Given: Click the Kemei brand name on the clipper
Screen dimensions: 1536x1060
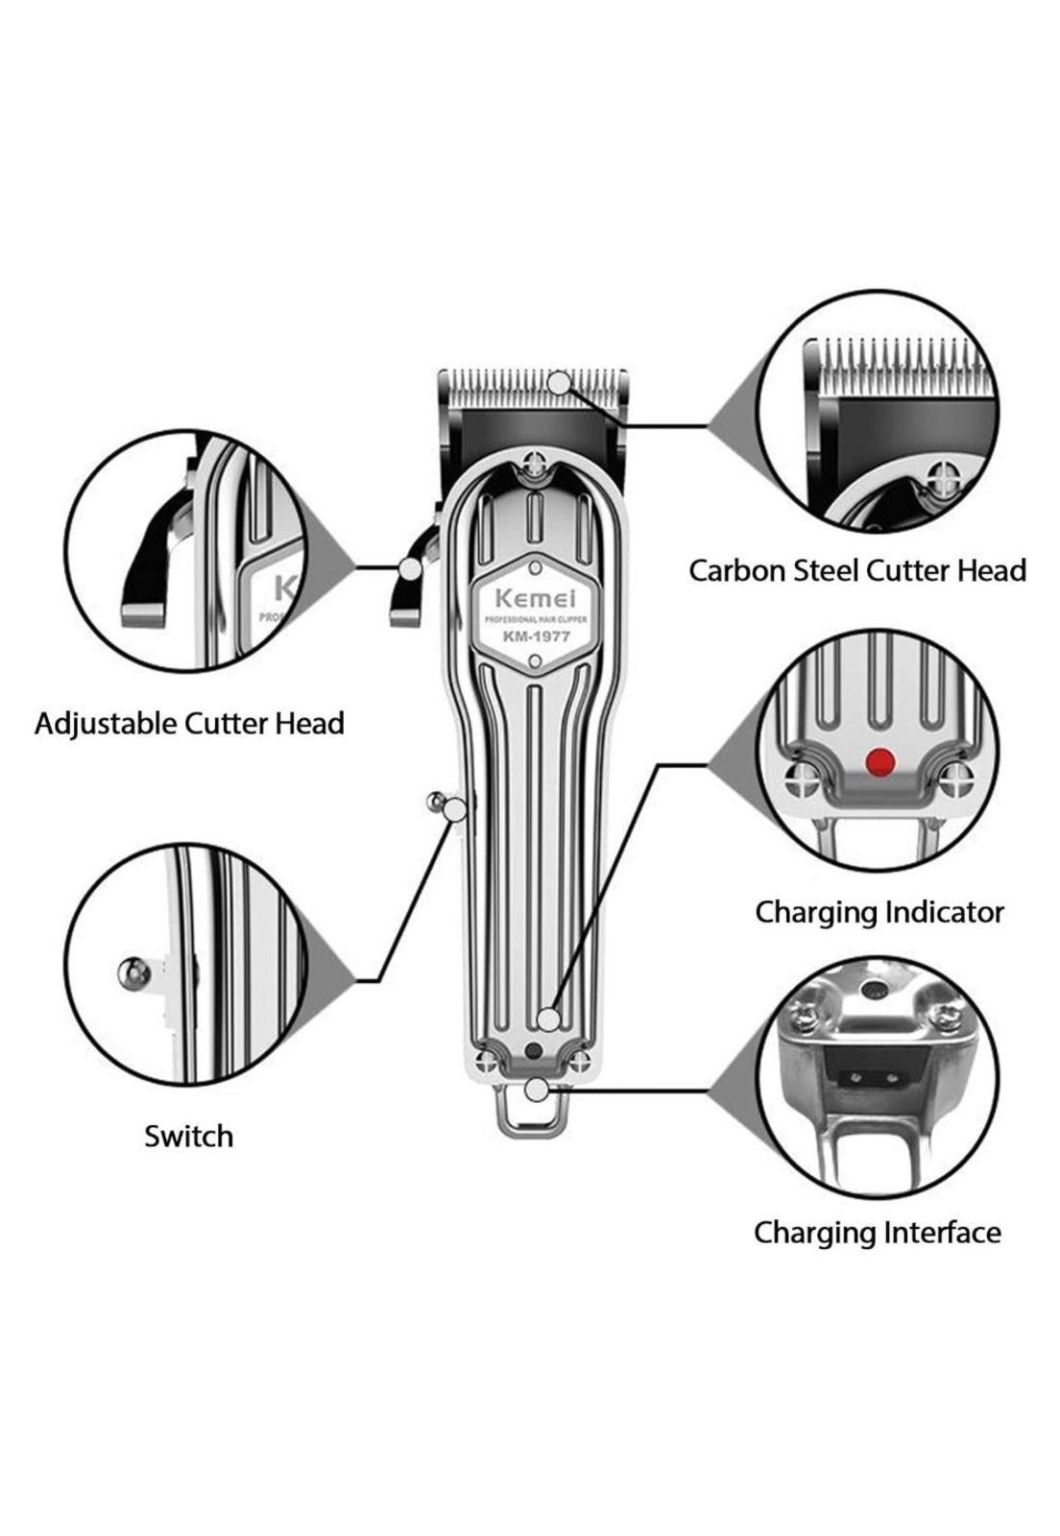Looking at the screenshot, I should pos(533,597).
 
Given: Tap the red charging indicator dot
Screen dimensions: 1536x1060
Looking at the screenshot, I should pos(879,762).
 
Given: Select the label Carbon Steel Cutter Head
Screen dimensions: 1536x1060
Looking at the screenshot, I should pos(857,570).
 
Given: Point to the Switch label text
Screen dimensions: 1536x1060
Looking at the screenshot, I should pos(188,1136).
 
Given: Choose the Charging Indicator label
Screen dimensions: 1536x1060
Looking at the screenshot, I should pos(879,911).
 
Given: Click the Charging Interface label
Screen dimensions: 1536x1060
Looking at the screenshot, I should pos(877,1232).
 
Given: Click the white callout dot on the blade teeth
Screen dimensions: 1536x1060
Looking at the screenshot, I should pos(559,382).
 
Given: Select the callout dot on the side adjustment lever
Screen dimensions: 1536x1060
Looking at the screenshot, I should pos(410,568).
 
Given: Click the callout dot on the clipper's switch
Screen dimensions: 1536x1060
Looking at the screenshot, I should pos(455,809).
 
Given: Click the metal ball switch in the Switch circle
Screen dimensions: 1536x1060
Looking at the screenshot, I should pos(133,973).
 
